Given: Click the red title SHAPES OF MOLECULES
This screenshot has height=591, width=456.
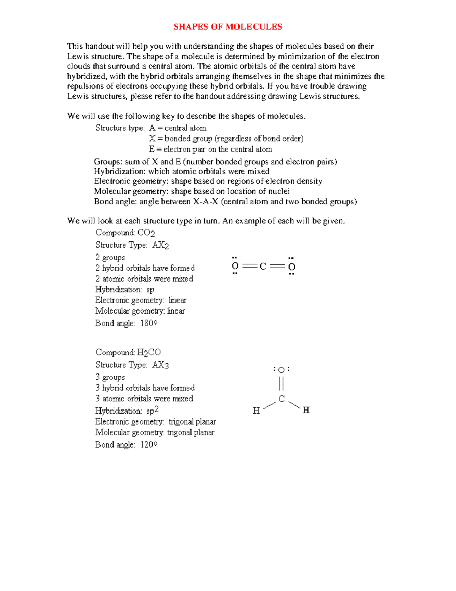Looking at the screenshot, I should [x=228, y=27].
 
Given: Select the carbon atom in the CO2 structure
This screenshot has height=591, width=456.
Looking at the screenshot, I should [x=263, y=266].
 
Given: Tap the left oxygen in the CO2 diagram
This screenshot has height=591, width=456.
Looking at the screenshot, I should [x=235, y=266].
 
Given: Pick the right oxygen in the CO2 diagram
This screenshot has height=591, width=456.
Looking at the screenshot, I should [x=291, y=267].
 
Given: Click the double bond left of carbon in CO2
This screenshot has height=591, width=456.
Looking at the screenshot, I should [x=249, y=266].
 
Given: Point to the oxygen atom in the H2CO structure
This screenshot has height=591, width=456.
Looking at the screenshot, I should [x=281, y=370].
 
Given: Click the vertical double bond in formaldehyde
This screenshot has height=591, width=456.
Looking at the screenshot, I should [x=281, y=384].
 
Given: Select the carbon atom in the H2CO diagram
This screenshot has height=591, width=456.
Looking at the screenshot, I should [x=282, y=399].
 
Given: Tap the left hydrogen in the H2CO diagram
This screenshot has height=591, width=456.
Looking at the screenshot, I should [x=256, y=410].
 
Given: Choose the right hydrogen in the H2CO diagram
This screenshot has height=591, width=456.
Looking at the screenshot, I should [x=306, y=410].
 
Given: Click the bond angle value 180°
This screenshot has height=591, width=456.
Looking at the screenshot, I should [x=149, y=323].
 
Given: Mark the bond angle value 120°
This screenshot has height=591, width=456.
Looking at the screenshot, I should [x=149, y=444].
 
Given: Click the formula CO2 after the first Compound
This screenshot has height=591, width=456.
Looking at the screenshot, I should [x=146, y=233].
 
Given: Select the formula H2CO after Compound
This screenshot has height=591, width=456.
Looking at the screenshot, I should [x=149, y=353].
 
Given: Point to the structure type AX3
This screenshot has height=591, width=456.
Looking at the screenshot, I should [x=160, y=365].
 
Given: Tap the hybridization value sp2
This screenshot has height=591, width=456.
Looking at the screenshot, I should [x=152, y=411].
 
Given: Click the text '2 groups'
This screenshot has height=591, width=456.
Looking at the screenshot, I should [x=110, y=258].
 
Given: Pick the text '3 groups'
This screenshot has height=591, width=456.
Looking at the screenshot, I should [x=110, y=378].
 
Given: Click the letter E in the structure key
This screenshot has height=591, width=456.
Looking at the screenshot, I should [x=152, y=149].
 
